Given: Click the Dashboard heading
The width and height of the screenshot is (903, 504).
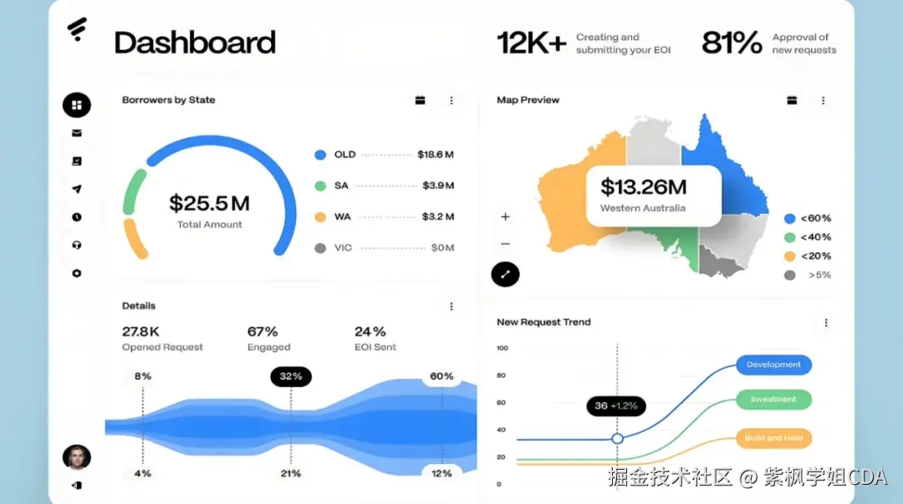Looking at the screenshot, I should (195, 43).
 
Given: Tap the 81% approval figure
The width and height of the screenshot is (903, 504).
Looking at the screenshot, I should (732, 43).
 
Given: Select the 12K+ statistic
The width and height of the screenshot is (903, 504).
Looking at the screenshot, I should (532, 43).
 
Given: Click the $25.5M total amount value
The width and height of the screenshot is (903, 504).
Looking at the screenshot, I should (209, 203).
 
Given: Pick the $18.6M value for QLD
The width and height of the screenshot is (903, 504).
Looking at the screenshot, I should (436, 155).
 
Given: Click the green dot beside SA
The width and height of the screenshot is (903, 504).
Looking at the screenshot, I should (319, 186).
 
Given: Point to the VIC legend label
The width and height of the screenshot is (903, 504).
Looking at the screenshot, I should (343, 247).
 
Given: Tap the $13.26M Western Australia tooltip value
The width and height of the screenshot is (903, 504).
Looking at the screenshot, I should (643, 187).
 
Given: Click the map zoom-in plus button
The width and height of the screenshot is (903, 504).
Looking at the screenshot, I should (505, 216).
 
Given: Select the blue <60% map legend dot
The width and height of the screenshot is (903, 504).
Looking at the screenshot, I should (789, 218).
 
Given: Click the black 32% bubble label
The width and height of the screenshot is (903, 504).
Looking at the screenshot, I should (291, 376).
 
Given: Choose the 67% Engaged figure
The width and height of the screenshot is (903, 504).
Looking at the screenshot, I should (263, 332).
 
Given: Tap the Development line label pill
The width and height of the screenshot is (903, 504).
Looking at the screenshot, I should (773, 365).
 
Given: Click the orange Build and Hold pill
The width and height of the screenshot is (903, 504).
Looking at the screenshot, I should (773, 438).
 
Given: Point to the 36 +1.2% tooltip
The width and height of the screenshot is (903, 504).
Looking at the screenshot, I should (615, 406).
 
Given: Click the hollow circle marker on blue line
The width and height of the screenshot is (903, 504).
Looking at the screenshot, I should (618, 439).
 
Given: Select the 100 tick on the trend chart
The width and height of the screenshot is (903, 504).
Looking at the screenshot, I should (502, 348).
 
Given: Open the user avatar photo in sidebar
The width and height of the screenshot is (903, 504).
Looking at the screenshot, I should (77, 456).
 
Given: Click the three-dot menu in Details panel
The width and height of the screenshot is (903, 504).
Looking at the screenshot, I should (451, 307).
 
